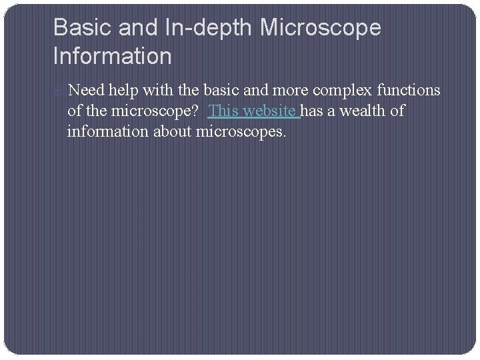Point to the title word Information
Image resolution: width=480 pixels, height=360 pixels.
tap(112, 56)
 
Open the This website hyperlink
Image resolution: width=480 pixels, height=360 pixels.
tap(253, 111)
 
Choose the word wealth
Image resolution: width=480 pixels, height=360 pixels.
tap(364, 111)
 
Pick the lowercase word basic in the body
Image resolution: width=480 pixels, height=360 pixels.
tap(217, 90)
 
